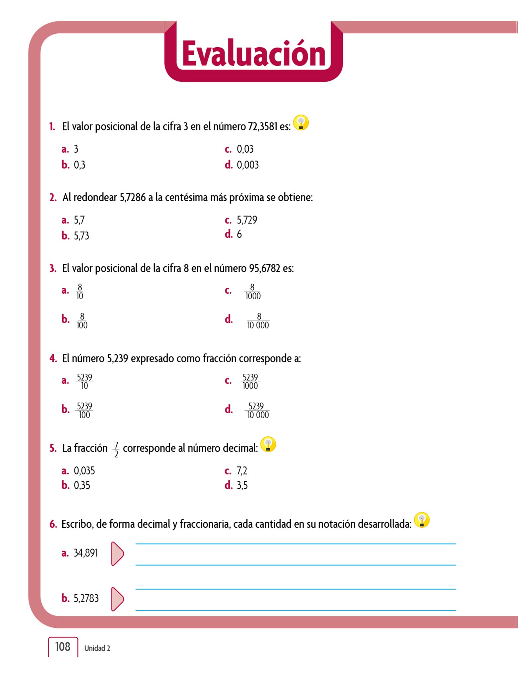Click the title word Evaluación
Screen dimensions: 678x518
(254, 54)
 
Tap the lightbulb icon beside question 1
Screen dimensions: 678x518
(301, 123)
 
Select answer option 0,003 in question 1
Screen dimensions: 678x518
(247, 165)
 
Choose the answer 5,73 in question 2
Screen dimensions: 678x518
(81, 235)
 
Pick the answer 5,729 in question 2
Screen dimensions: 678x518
(247, 220)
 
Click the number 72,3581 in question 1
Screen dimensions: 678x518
(262, 126)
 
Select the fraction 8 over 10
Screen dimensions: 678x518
(79, 291)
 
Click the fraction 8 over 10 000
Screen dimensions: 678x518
(258, 321)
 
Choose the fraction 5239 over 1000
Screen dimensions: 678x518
(250, 381)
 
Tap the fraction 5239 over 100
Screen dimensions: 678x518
(84, 410)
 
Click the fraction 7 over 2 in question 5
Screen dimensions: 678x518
(116, 449)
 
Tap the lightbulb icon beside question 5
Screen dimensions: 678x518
(268, 445)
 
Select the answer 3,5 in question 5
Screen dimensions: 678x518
(242, 485)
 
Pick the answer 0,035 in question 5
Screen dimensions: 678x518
(84, 470)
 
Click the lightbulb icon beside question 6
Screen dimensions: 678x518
(422, 520)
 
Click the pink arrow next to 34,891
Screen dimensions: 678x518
(117, 554)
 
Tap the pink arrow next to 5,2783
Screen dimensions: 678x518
(117, 599)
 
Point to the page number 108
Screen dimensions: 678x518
(63, 647)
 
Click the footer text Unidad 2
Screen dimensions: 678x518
(97, 648)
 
